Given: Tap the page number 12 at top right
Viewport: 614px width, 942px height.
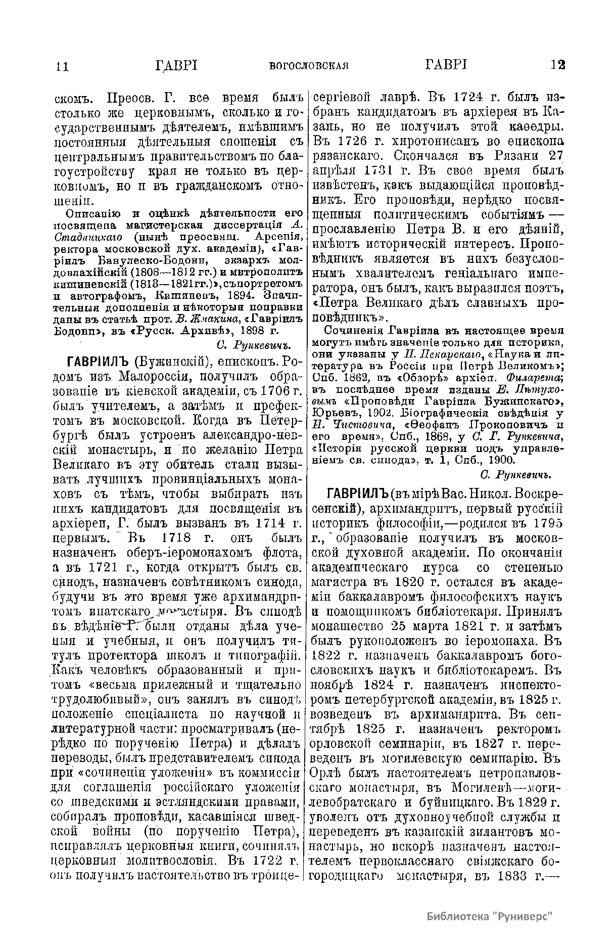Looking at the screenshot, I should (557, 65).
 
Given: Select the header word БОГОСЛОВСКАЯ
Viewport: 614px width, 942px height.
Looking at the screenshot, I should (310, 66).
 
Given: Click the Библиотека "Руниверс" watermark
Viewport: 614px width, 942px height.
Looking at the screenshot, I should (489, 916).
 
